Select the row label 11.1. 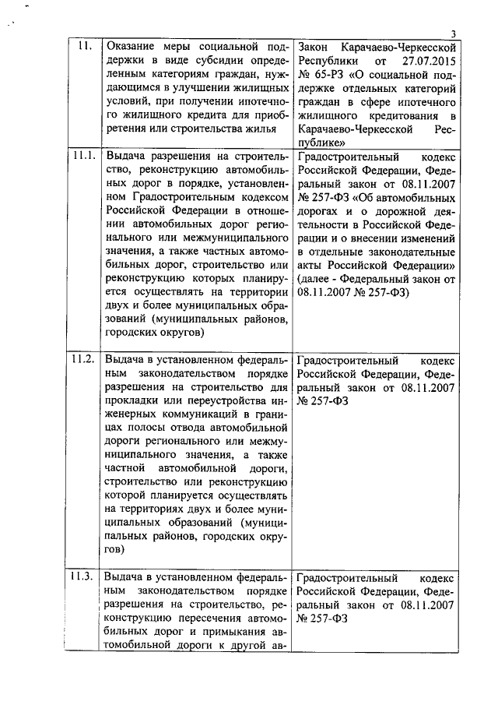click(83, 156)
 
